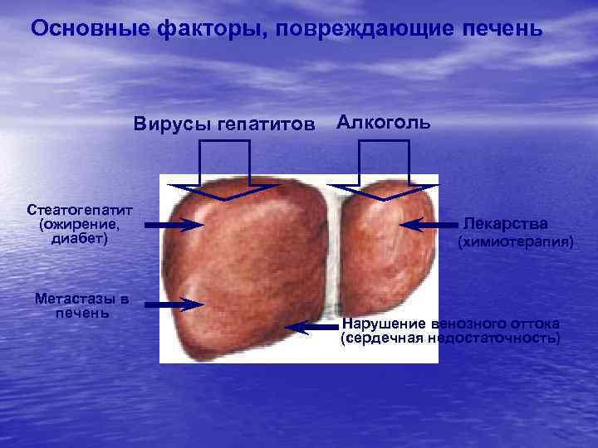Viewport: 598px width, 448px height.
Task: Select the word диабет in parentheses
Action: (79, 239)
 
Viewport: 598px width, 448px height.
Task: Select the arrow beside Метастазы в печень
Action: (175, 305)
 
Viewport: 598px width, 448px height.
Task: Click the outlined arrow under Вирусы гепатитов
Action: (224, 170)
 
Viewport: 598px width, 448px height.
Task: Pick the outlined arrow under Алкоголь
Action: (383, 170)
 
